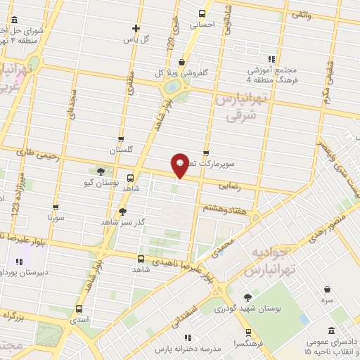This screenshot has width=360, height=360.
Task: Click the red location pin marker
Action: pyautogui.click(x=180, y=166)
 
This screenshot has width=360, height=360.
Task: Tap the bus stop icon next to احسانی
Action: pyautogui.click(x=202, y=13)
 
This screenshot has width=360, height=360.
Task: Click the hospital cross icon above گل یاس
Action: pyautogui.click(x=136, y=29)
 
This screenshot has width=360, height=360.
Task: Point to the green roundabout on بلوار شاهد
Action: pyautogui.click(x=171, y=88)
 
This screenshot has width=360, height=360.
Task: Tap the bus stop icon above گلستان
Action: pyautogui.click(x=121, y=139)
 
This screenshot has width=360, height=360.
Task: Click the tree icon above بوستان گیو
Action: pyautogui.click(x=101, y=172)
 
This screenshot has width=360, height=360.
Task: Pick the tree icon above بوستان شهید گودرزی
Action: pyautogui.click(x=247, y=297)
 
